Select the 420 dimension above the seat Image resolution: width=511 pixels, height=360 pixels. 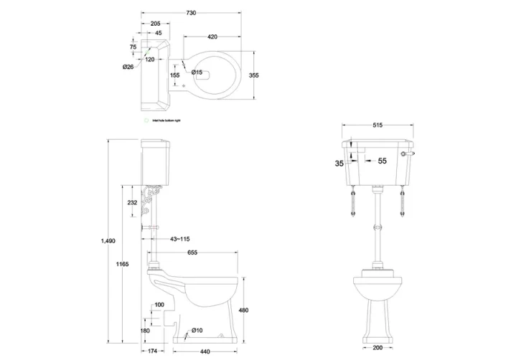point(212,36)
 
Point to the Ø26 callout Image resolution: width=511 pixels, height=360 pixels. point(128,67)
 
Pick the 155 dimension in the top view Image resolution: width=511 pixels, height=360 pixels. point(174,75)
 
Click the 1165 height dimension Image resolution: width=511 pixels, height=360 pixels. point(122,265)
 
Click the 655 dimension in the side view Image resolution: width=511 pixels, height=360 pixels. point(193,252)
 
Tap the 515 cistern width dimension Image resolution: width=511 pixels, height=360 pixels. point(378,125)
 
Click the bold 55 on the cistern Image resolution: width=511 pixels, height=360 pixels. point(382,161)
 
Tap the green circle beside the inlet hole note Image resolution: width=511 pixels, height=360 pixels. point(145,122)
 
